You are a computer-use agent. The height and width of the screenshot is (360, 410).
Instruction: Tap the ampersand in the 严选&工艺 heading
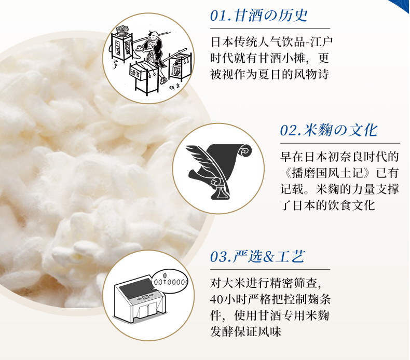click(269, 257)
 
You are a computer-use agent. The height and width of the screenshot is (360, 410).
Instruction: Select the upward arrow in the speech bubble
click(164, 282)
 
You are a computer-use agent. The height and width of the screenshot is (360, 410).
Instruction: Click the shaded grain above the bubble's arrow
click(165, 276)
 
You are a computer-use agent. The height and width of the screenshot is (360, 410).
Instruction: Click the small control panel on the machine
click(145, 297)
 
